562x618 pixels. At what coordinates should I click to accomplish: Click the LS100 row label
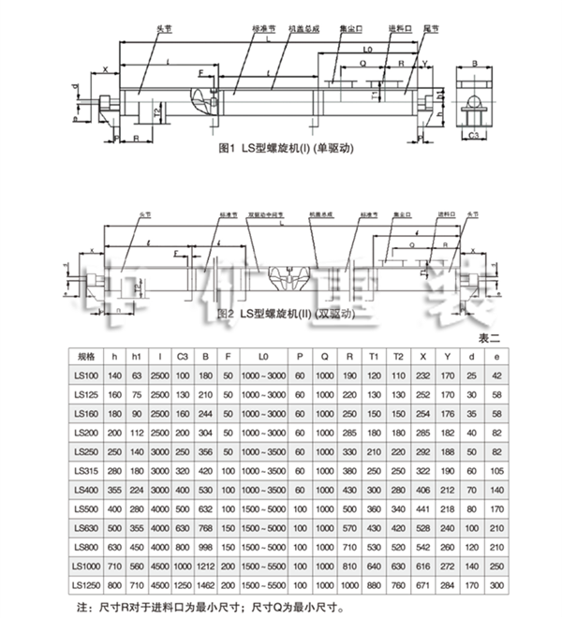click(x=86, y=375)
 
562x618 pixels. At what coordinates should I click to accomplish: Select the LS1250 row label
click(x=86, y=586)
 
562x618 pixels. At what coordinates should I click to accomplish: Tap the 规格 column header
click(x=86, y=356)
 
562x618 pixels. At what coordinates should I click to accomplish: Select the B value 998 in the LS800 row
click(x=205, y=548)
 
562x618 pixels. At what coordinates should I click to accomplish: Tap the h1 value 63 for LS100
click(x=137, y=375)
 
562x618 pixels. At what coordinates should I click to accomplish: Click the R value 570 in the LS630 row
click(x=349, y=528)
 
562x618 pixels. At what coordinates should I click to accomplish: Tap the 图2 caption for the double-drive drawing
click(x=281, y=315)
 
